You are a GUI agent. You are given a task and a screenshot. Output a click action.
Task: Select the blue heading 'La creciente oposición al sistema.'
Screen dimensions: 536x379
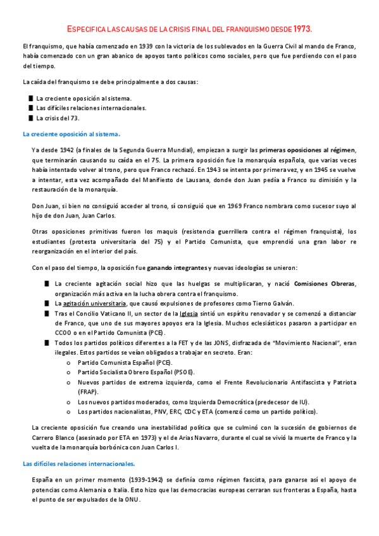pos(71,134)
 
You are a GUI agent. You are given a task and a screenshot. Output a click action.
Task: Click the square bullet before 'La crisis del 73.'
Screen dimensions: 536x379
pos(30,118)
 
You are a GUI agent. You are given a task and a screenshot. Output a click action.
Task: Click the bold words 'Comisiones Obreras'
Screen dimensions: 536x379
pos(325,283)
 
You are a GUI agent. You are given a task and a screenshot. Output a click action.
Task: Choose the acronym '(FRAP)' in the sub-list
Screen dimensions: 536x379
pos(89,392)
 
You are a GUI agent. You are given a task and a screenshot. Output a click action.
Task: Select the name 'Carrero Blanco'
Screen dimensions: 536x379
pos(55,438)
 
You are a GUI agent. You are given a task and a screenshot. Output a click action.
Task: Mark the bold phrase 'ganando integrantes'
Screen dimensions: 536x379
pos(176,267)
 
